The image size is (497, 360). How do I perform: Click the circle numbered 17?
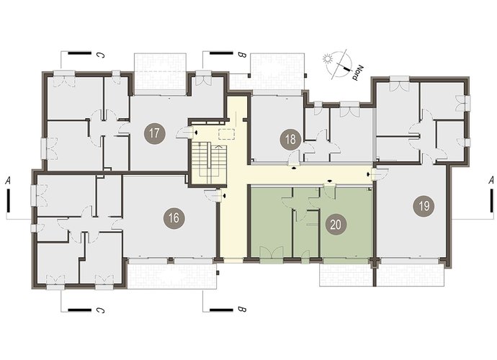click(x=154, y=132)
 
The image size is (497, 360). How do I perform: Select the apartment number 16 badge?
click(x=174, y=217)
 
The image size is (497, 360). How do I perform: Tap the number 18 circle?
click(x=290, y=139)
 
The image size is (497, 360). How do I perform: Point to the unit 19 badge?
click(x=424, y=206)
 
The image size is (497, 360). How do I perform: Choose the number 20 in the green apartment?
click(x=336, y=225)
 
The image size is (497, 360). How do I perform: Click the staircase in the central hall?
click(x=209, y=163)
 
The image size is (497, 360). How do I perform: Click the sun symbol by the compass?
click(x=327, y=59)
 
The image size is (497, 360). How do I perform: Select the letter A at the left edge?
click(x=8, y=181)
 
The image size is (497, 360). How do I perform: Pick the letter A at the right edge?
click(x=491, y=181)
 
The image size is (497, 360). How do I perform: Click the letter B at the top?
click(x=242, y=55)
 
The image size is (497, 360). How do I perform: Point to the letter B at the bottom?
click(x=242, y=310)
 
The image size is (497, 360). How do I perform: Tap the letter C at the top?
click(x=100, y=55)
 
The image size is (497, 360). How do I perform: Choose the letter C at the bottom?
click(x=100, y=310)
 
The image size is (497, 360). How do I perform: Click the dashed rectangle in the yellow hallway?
click(x=226, y=134)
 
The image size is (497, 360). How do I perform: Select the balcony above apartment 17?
click(x=160, y=74)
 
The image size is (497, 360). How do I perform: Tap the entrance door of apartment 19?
click(x=380, y=174)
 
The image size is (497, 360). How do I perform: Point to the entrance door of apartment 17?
click(x=185, y=132)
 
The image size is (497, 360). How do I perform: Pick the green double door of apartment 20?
click(x=272, y=255)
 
